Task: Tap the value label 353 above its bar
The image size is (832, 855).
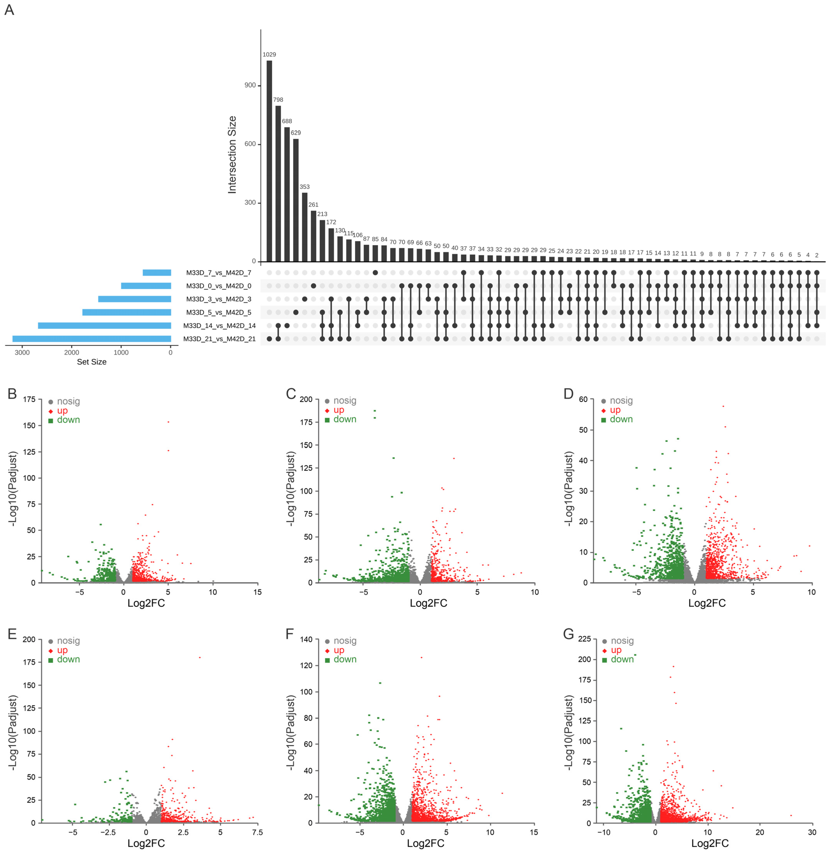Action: click(305, 187)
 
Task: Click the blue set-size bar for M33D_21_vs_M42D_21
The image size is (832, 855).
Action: click(92, 339)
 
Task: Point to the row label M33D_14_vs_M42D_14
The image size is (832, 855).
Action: click(219, 326)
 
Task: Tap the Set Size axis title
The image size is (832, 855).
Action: click(92, 362)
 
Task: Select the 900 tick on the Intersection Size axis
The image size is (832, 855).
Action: click(250, 85)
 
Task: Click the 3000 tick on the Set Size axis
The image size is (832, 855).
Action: click(22, 353)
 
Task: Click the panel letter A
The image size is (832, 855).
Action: click(9, 10)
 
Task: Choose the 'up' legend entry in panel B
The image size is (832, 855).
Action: click(62, 411)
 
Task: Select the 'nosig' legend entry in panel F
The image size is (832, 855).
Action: click(345, 641)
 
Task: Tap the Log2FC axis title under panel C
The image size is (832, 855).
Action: click(428, 603)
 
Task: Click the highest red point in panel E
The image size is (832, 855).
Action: click(200, 657)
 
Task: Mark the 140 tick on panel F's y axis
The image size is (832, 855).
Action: click(306, 640)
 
